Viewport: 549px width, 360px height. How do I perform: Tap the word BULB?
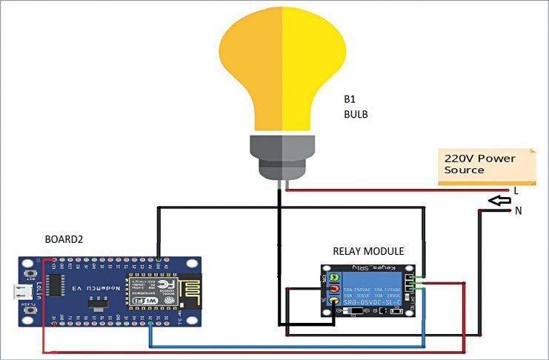coord(355,115)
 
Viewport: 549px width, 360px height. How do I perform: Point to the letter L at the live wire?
coord(516,190)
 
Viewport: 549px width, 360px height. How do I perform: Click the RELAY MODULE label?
coord(367,251)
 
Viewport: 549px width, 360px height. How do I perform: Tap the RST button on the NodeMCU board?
coord(31,273)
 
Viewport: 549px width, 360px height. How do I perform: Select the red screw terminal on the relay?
coord(334,288)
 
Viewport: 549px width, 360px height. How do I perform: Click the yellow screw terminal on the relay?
coord(334,300)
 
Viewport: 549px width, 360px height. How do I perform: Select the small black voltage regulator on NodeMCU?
coord(96,304)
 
